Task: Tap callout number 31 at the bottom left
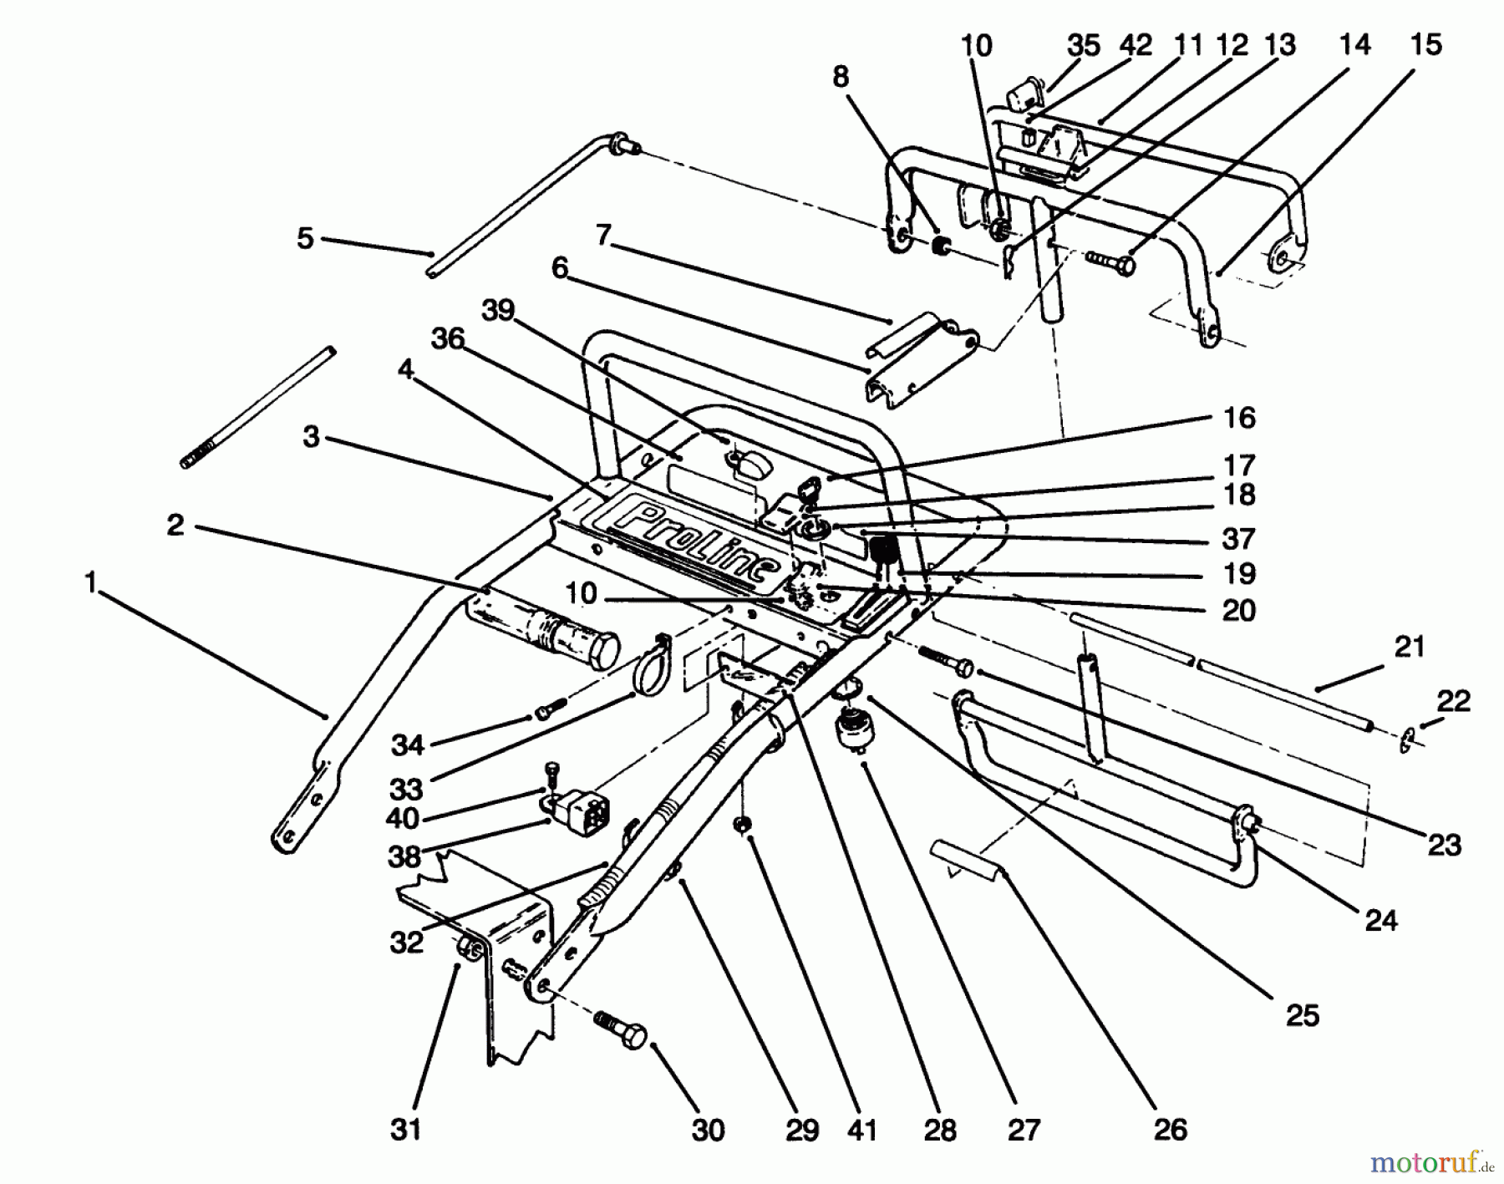click(x=406, y=1129)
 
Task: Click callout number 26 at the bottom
click(x=1170, y=1129)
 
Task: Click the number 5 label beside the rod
click(x=306, y=238)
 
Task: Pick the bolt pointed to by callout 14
click(x=1110, y=263)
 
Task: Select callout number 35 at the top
click(x=1084, y=44)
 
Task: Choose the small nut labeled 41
click(x=741, y=826)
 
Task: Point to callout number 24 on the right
click(x=1380, y=920)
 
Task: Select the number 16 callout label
click(x=1239, y=417)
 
